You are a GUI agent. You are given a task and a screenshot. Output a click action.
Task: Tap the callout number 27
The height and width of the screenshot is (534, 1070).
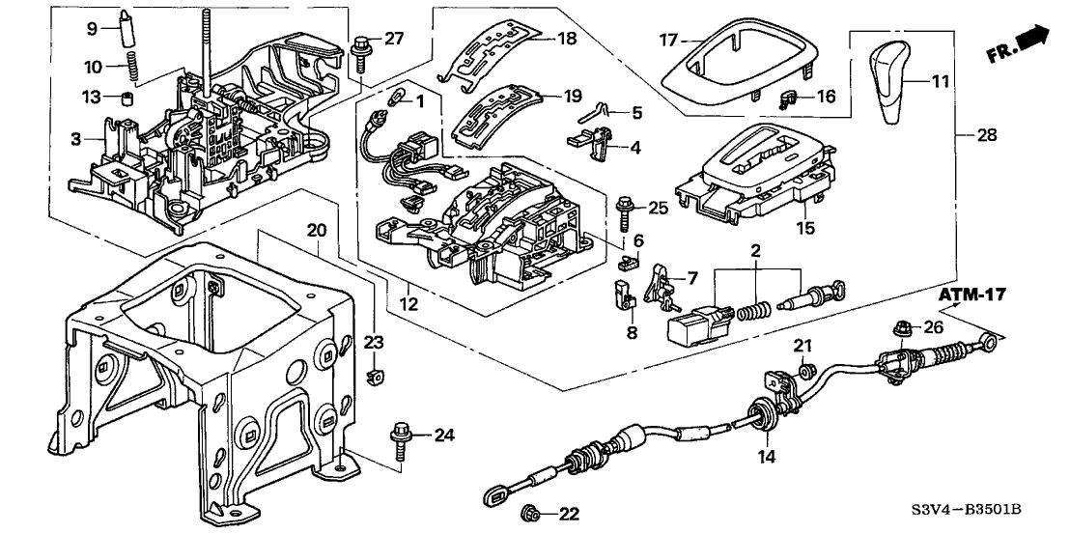(x=394, y=39)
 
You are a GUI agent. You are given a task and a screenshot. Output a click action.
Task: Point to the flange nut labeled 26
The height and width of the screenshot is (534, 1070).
(x=904, y=327)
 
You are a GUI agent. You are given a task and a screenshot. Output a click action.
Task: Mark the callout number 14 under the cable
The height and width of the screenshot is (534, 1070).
(x=767, y=455)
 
